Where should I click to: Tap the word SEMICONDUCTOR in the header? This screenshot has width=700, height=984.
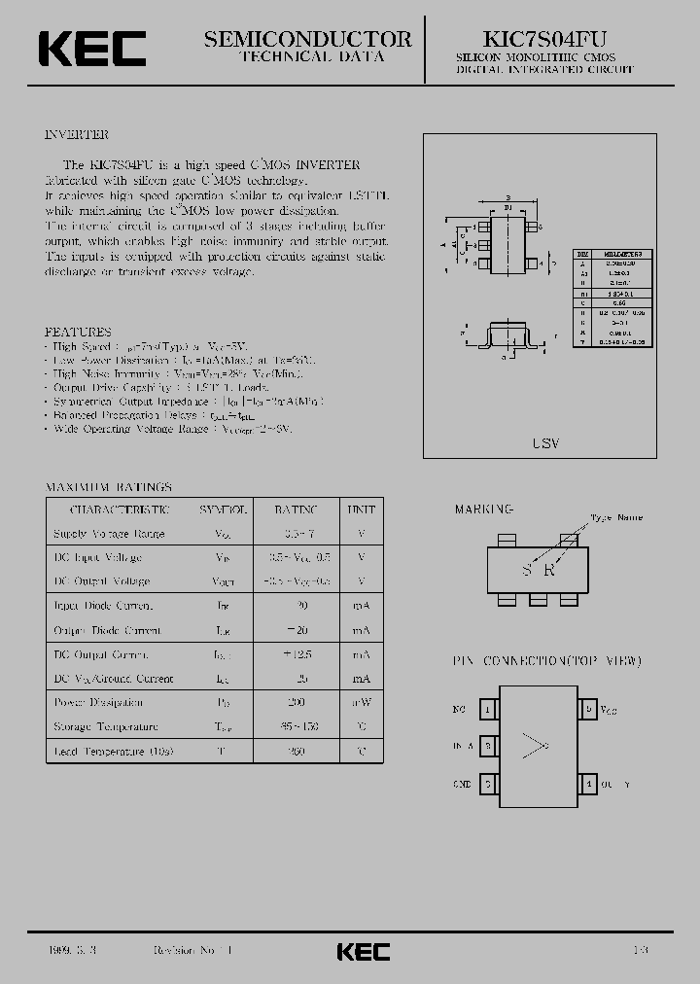[308, 39]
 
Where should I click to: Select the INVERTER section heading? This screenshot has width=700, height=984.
[77, 135]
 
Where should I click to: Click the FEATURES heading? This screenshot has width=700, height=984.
[79, 332]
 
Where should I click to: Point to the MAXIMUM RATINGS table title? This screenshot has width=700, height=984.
[109, 486]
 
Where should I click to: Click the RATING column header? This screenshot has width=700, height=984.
[296, 510]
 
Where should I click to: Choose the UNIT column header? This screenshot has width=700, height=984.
[361, 510]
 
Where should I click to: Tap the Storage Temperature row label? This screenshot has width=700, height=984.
[105, 726]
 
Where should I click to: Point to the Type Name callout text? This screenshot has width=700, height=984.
[616, 518]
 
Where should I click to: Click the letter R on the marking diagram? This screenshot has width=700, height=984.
[550, 571]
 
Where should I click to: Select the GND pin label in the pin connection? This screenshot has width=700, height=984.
[462, 783]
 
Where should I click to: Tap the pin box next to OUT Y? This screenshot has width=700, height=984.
[587, 783]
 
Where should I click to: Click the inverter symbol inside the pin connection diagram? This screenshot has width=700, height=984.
[536, 746]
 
